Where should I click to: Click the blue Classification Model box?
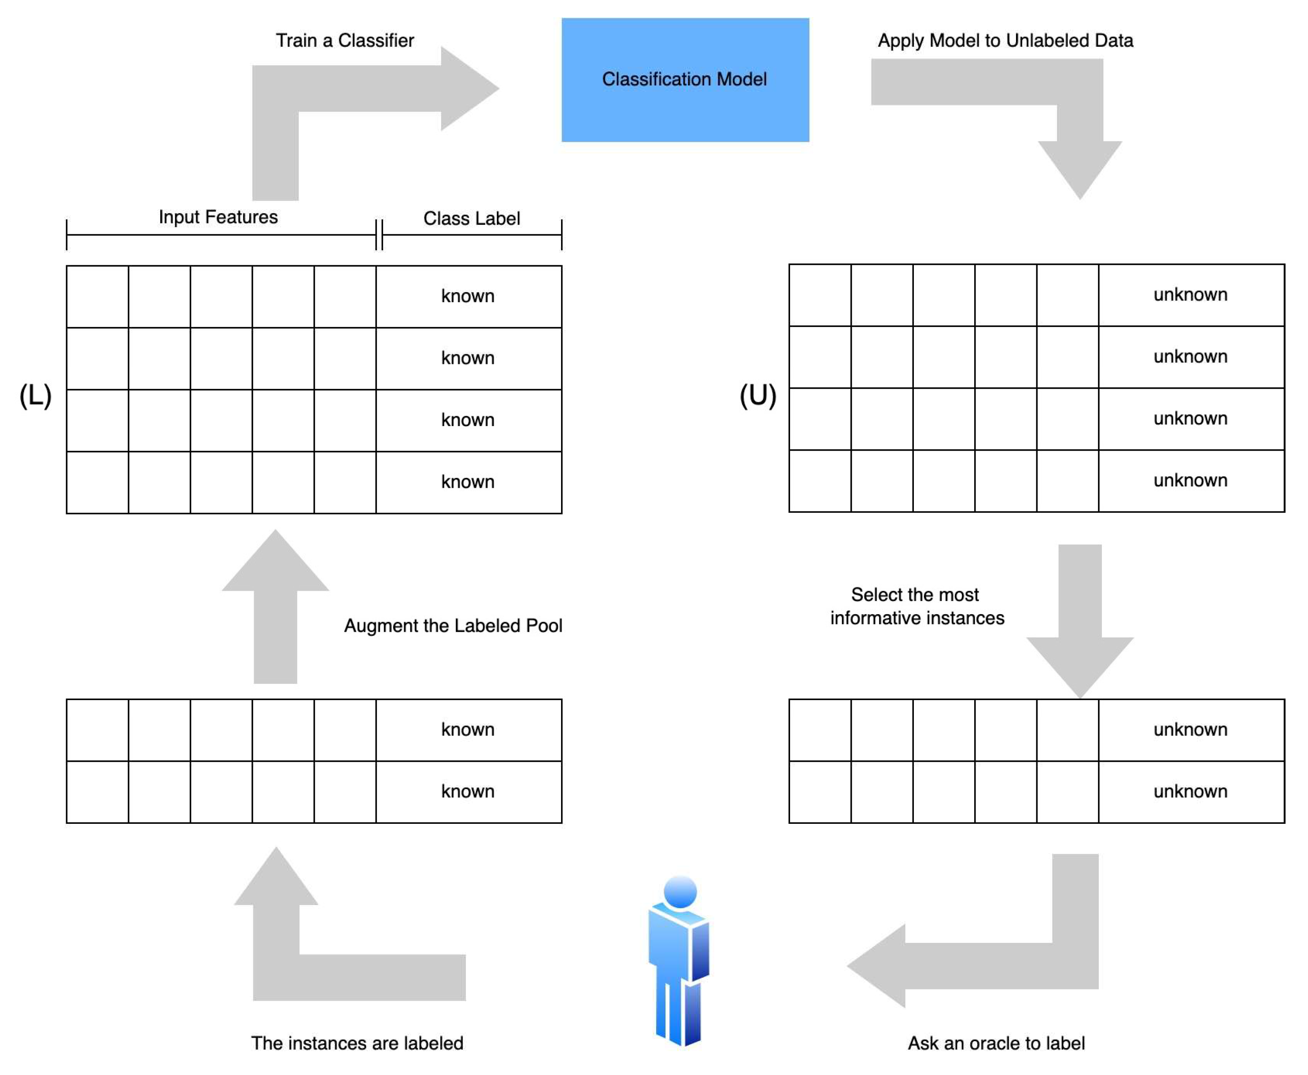685,79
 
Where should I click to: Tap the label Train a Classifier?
344,40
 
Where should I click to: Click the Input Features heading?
218,217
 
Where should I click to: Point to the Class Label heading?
471,218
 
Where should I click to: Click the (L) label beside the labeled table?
35,395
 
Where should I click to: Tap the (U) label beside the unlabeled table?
757,395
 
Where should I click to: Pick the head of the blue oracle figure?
680,892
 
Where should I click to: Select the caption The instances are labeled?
357,1043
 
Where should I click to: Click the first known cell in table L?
468,296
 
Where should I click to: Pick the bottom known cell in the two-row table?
468,791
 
